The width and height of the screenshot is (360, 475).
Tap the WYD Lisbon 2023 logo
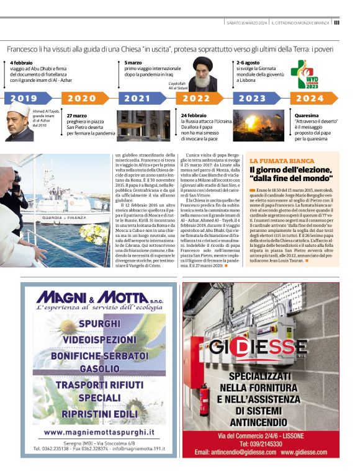click(x=306, y=74)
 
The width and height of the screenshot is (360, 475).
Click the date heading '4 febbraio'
click(x=22, y=63)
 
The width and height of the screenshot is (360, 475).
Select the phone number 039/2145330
click(x=261, y=444)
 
